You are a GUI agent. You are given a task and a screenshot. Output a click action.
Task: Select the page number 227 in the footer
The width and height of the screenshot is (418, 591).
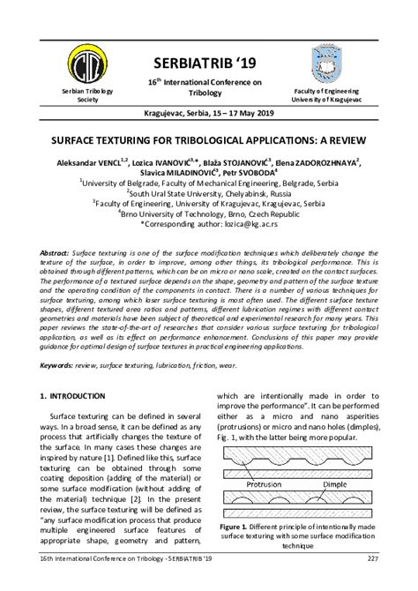point(374,583)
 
